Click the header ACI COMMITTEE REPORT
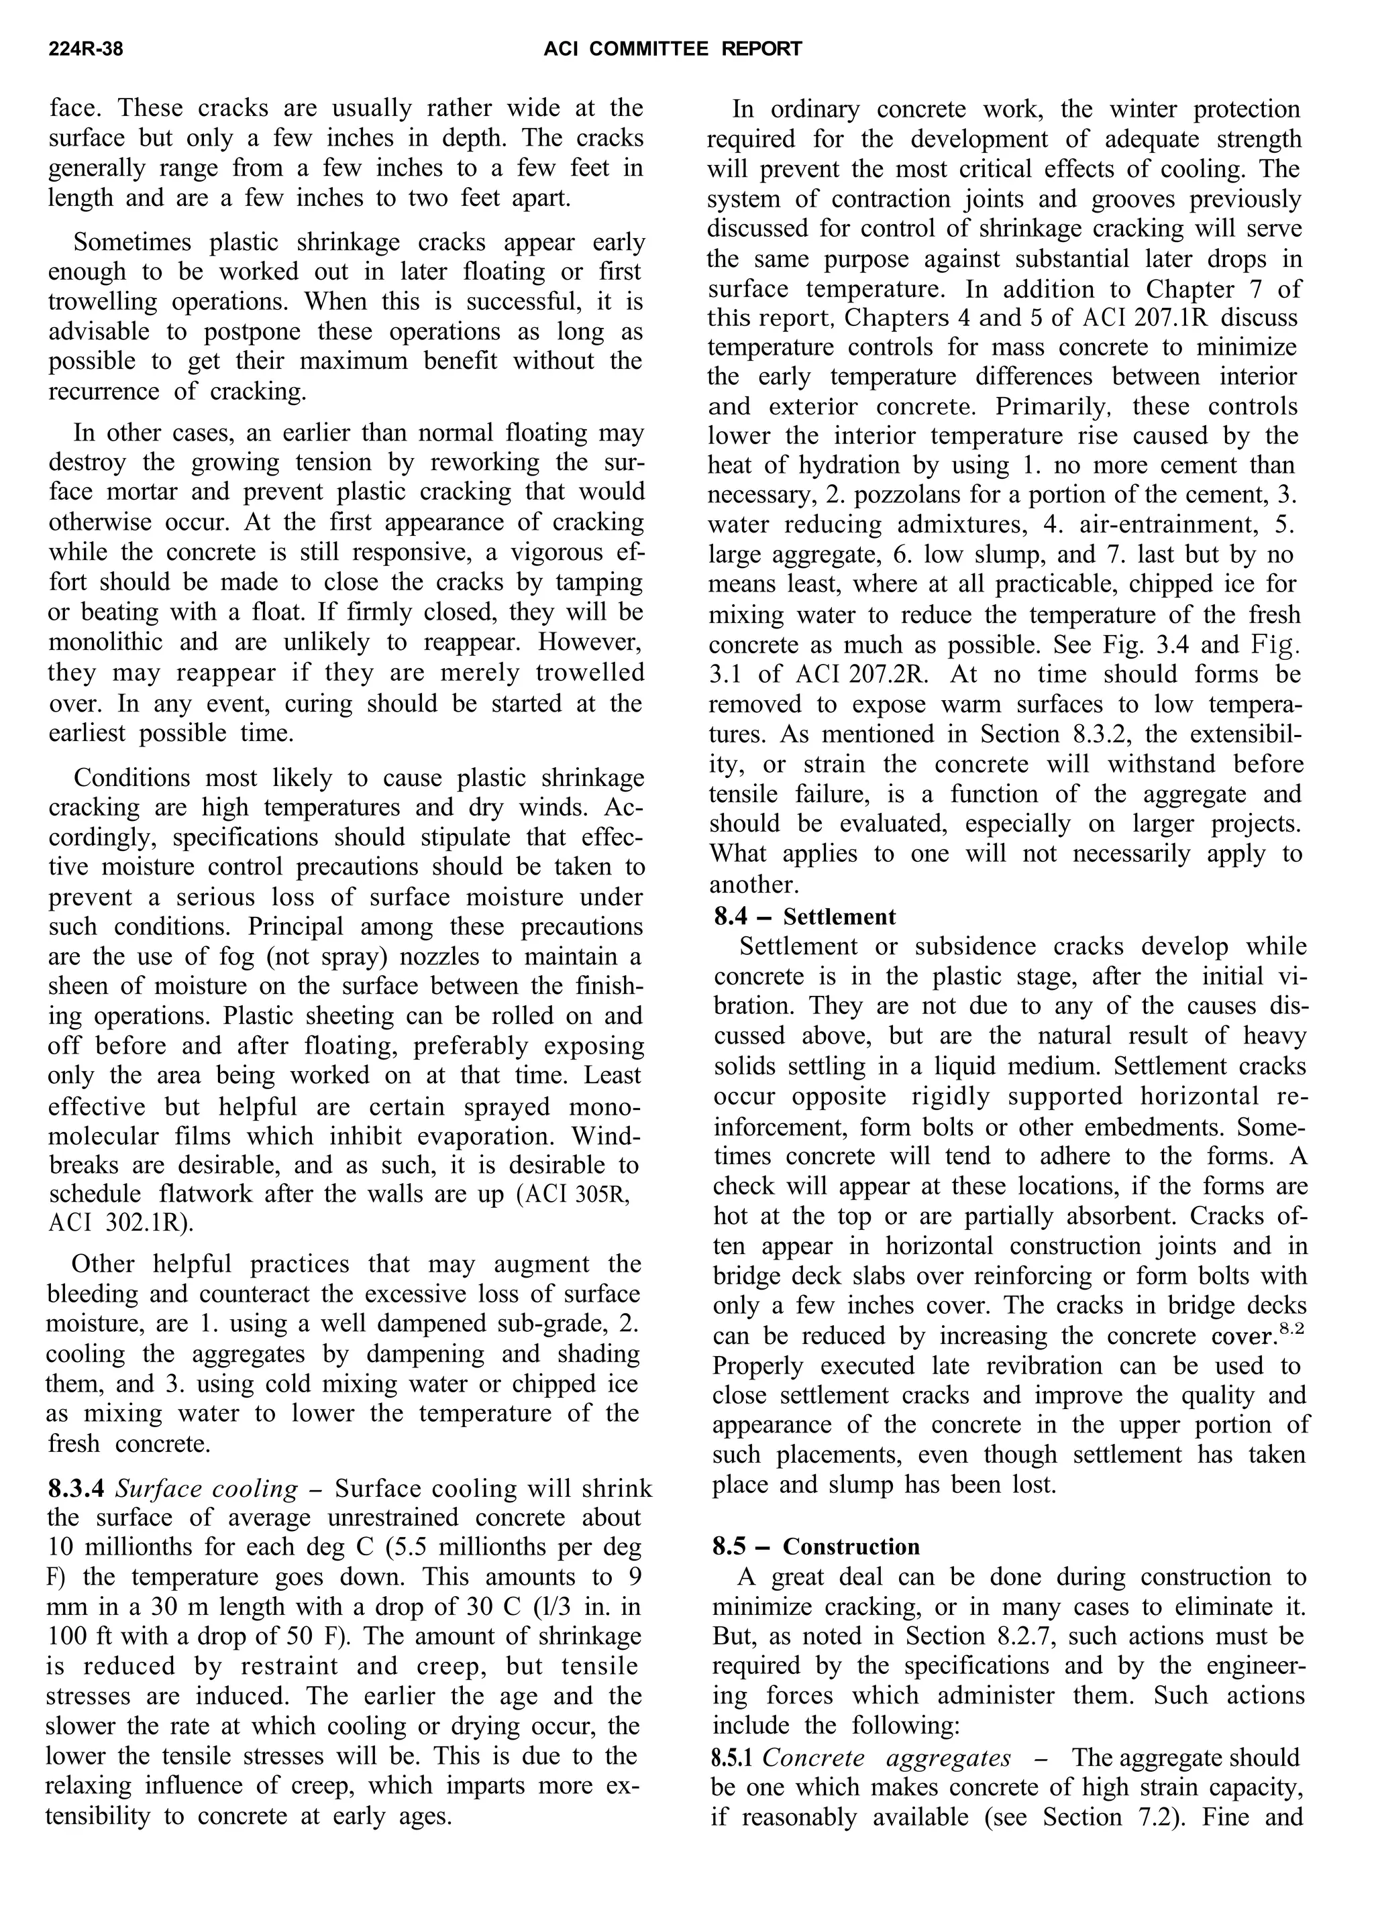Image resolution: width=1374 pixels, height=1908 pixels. pyautogui.click(x=672, y=50)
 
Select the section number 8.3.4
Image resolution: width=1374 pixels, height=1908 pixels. pyautogui.click(x=76, y=1489)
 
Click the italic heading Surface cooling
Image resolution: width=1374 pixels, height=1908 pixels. pyautogui.click(x=206, y=1489)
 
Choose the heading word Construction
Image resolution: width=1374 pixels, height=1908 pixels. pyautogui.click(x=851, y=1547)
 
